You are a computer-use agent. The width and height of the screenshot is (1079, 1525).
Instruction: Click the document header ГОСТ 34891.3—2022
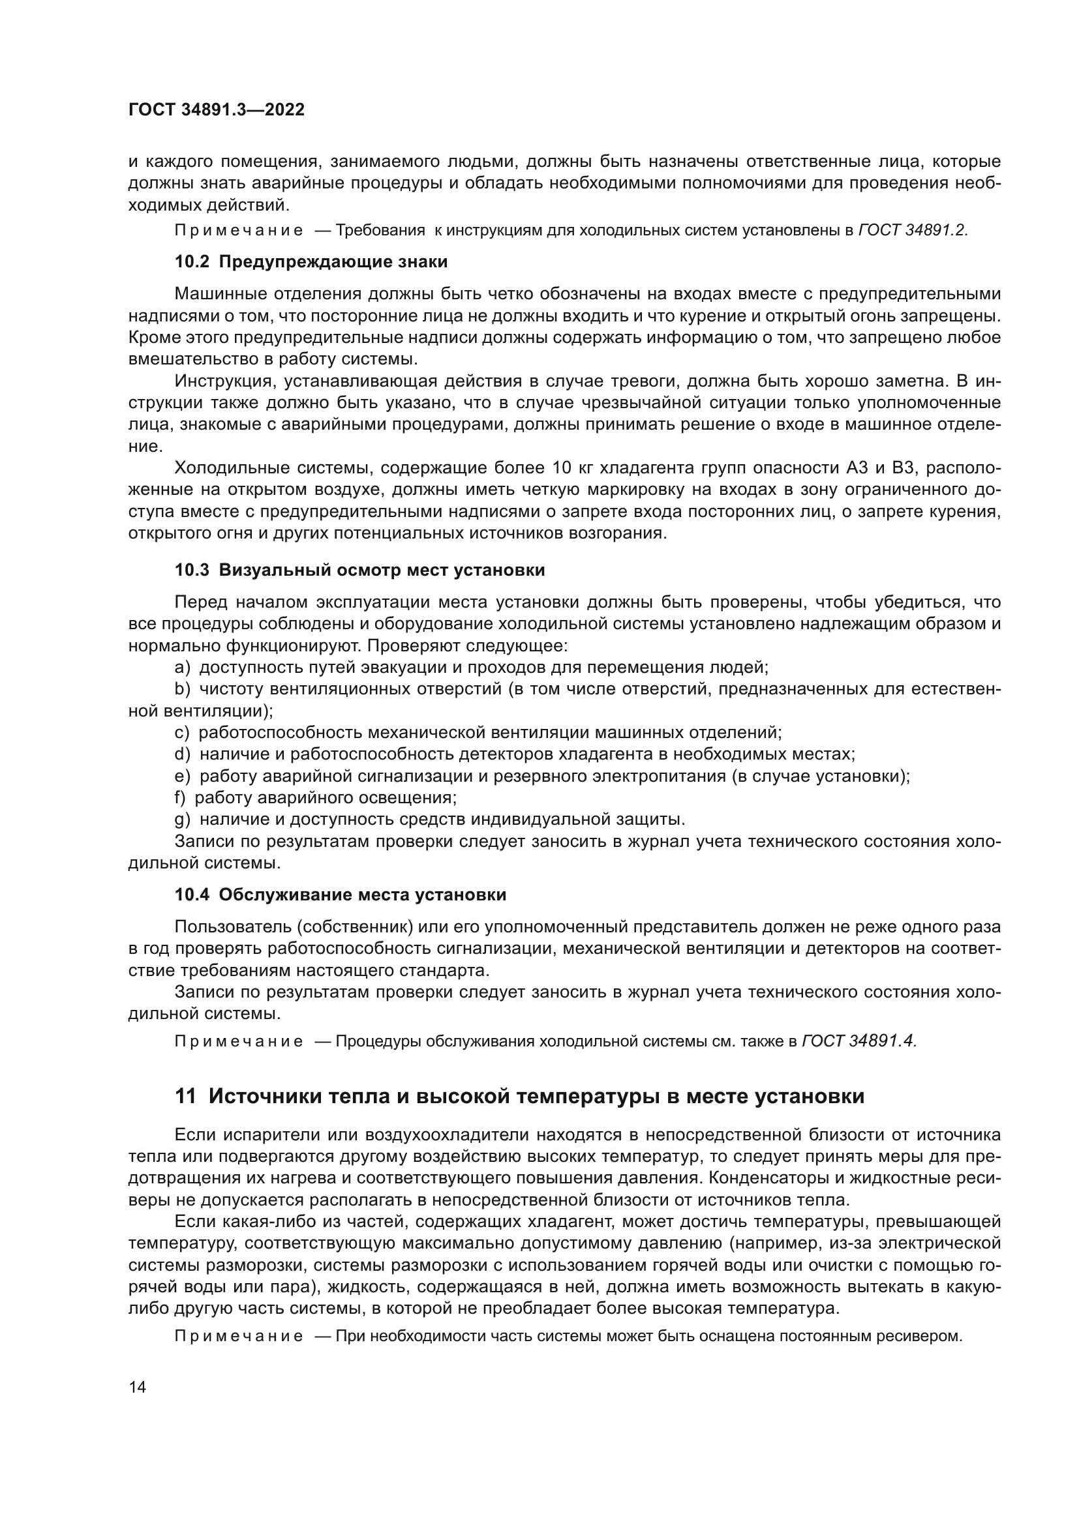pos(216,110)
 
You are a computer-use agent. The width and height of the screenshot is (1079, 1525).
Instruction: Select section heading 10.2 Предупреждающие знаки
pos(311,261)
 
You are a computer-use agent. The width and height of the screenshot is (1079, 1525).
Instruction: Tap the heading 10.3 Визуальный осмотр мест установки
pos(359,570)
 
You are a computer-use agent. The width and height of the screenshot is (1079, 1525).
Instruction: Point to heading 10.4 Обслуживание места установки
pos(340,895)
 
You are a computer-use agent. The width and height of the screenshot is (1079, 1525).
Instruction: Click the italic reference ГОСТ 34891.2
pos(913,230)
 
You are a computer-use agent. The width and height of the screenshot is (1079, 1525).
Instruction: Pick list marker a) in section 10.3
pos(183,667)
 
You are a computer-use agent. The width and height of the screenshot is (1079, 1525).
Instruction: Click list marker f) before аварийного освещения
pos(180,797)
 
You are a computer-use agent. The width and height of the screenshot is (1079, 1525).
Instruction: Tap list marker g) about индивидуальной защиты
pos(183,819)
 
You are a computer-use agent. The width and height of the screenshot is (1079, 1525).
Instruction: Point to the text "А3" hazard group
pos(857,468)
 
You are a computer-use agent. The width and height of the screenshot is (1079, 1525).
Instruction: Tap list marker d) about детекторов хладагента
pos(183,754)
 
